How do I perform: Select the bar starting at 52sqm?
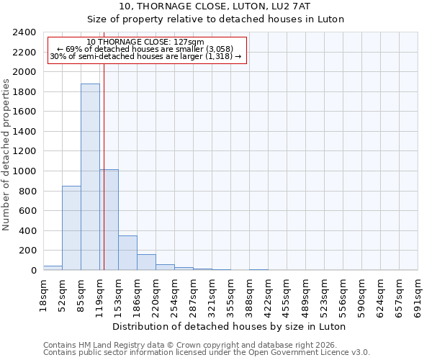tap(71, 228)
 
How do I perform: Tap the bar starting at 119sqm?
tap(109, 220)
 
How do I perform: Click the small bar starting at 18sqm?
tap(53, 268)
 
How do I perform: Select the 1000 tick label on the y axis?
tap(24, 171)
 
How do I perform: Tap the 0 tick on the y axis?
tap(33, 271)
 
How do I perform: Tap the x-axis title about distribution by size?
tap(230, 326)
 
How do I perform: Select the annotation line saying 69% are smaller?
tap(148, 48)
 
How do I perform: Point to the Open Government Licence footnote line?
tap(207, 353)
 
